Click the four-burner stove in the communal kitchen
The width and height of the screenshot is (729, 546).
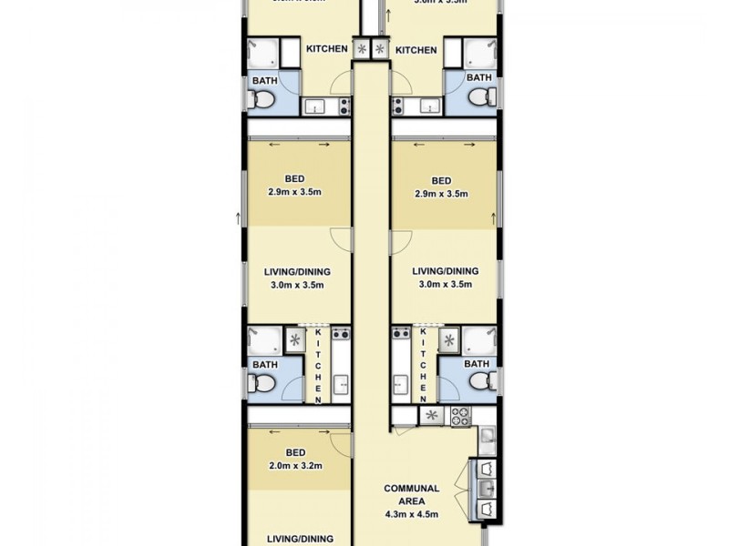458,416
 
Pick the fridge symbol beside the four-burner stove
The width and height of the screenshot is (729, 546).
432,416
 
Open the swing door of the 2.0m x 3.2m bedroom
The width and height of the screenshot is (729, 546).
341,444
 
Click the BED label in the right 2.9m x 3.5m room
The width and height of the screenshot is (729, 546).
441,179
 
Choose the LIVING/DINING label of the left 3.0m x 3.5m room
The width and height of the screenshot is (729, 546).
296,271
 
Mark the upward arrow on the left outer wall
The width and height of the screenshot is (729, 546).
238,217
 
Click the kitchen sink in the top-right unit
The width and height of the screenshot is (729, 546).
426,107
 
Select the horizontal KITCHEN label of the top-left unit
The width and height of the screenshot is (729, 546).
326,49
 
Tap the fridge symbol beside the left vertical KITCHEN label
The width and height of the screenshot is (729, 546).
295,340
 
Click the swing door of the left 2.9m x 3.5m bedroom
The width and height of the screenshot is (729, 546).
339,238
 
